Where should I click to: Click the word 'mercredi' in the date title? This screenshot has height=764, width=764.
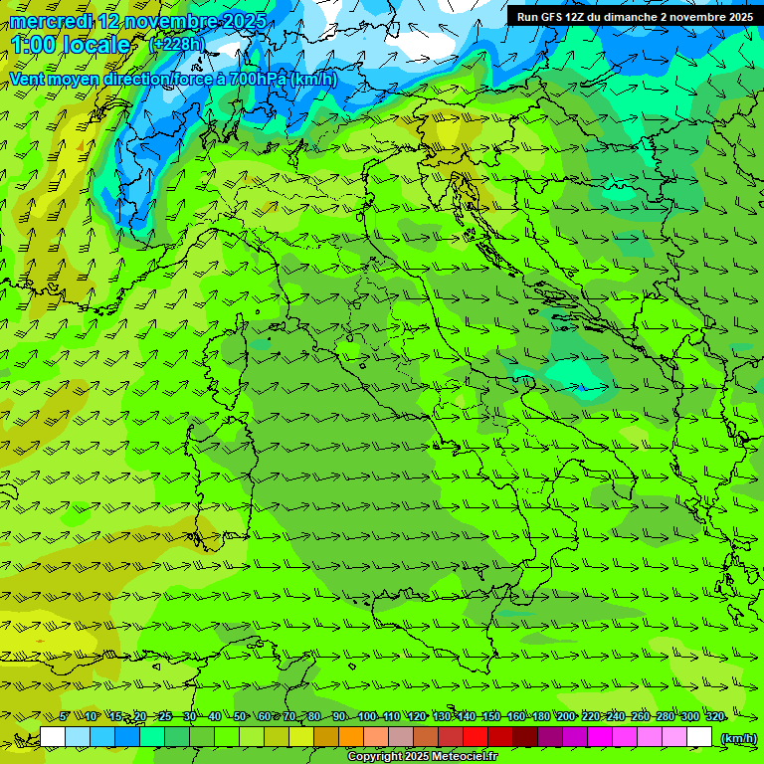pos(46,22)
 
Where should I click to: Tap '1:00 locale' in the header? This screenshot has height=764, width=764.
pos(71,45)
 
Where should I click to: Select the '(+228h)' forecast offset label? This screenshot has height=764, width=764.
pos(176,44)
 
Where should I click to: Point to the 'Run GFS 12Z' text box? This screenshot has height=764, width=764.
pos(634,16)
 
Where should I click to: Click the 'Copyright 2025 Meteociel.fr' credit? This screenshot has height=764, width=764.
pos(423,757)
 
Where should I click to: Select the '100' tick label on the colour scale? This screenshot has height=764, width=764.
pos(367,716)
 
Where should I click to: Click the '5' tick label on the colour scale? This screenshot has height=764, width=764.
pos(65,716)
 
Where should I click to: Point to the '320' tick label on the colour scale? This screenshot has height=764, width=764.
pos(715,716)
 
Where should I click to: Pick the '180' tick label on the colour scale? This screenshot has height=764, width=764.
pos(541,716)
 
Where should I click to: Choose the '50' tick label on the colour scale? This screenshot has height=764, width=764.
pos(240,716)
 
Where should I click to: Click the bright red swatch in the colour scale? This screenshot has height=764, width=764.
pos(476,737)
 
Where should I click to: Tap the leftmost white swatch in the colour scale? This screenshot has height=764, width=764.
pos(53,737)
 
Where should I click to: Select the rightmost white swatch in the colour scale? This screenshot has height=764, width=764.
pos(699,737)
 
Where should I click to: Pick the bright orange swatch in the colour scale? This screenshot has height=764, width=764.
pos(351,737)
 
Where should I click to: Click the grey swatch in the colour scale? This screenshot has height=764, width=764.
pos(401,737)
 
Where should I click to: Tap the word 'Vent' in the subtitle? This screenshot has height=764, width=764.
pos(28,79)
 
